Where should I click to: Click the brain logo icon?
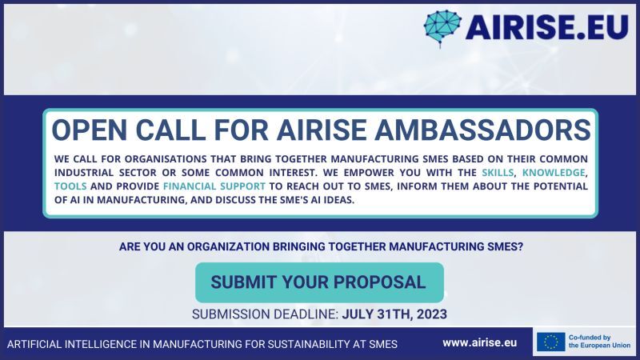(x=442, y=28)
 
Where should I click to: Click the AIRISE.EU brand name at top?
(x=546, y=27)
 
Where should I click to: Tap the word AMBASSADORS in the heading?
(x=483, y=130)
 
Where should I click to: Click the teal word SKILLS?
(x=498, y=173)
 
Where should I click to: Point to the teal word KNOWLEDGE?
(x=554, y=173)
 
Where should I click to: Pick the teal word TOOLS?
(x=70, y=186)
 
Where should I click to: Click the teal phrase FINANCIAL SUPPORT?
(x=214, y=186)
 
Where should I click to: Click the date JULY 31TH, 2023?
(x=394, y=314)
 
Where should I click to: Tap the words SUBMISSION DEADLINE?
(x=265, y=314)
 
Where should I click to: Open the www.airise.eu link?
(x=479, y=343)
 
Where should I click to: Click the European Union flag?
(x=551, y=342)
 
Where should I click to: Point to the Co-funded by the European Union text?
(x=599, y=342)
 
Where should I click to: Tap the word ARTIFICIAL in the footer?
(x=34, y=344)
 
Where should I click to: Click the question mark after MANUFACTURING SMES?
(x=521, y=246)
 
